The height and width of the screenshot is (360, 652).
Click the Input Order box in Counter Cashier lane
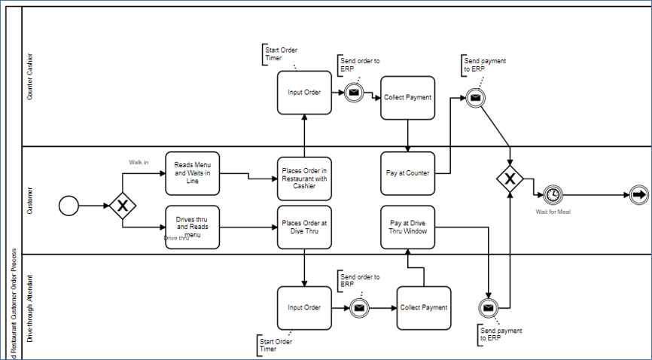coord(304,93)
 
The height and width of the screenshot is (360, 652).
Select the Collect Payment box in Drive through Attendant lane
coord(424,307)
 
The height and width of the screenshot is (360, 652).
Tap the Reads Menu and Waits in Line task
coord(192,172)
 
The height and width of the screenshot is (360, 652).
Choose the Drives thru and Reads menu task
coord(192,227)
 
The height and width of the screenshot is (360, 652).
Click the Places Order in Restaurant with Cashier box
coord(304,178)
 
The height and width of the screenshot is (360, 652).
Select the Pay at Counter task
coord(407,173)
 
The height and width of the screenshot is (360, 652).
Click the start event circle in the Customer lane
coord(69,206)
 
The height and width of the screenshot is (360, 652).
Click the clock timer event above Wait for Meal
coord(553,194)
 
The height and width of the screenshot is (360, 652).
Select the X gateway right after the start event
coord(122,206)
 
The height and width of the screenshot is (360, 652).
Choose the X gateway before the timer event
coord(510,178)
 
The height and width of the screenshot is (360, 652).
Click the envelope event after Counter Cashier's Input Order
coord(354,93)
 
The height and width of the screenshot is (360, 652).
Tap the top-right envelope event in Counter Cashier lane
coord(474,97)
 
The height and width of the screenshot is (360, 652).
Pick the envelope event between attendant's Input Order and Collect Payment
coord(360,307)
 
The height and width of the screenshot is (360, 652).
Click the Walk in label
coord(139,161)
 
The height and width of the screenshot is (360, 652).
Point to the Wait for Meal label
coord(553,212)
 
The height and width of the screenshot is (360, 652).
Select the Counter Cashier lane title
coord(30,77)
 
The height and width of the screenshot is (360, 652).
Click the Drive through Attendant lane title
coord(30,307)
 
